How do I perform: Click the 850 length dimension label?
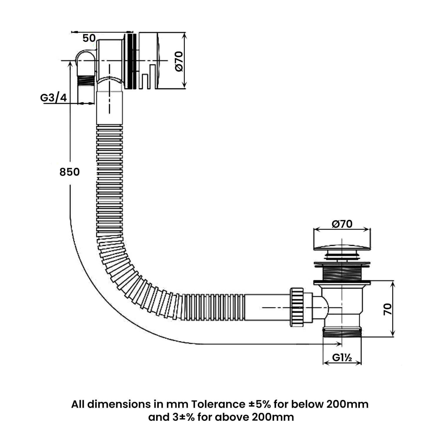[x=69, y=172]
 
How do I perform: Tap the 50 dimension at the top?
[x=89, y=38]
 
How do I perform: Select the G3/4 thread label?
[x=54, y=98]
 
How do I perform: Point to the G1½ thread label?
[x=342, y=358]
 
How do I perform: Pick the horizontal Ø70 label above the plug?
[x=342, y=224]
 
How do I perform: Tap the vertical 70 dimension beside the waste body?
[x=388, y=309]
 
